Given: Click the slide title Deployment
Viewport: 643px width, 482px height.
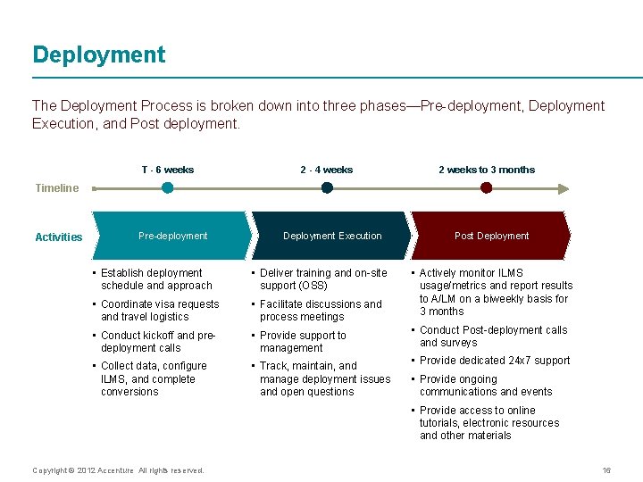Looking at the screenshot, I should (x=99, y=54).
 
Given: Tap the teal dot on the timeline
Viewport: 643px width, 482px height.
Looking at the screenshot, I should (x=167, y=188).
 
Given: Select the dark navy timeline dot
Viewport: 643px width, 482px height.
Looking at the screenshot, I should (x=327, y=188).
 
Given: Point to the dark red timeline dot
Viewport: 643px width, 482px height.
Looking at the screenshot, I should (x=486, y=188).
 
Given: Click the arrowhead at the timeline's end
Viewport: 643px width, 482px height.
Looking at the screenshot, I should (x=562, y=188).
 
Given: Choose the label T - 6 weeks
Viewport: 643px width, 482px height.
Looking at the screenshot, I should (x=167, y=170).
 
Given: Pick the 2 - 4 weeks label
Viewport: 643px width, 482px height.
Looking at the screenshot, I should (x=327, y=170).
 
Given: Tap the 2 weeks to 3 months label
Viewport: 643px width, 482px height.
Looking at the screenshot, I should (x=486, y=170).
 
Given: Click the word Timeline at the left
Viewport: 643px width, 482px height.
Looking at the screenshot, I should (x=57, y=188).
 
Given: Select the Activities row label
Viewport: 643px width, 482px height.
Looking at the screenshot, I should (x=59, y=237).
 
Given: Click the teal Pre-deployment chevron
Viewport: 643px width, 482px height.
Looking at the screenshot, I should (x=172, y=236).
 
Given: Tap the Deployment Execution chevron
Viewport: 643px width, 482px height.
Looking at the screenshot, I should (x=331, y=236).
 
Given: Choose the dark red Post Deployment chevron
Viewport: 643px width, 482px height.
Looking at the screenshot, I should (x=491, y=236).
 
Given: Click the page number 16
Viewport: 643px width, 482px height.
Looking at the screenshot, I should (x=606, y=470).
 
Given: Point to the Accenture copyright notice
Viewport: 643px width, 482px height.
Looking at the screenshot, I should (x=118, y=470).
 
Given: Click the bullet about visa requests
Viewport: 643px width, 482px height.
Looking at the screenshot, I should (x=159, y=311).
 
